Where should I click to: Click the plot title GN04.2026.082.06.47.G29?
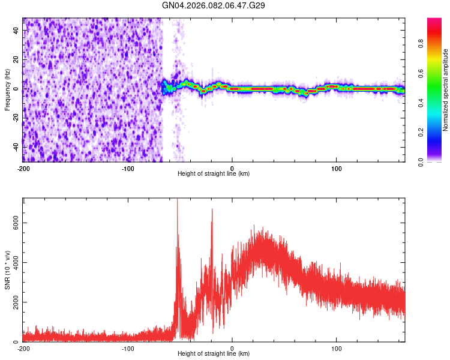coord(214,5)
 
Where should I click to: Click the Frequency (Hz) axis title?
coord(7,89)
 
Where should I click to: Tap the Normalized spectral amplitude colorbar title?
coord(446,91)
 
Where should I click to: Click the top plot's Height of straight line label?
coord(214,173)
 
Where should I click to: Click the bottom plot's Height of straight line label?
coord(214,353)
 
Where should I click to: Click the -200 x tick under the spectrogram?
coord(23,168)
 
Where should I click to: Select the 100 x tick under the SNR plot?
coord(337,348)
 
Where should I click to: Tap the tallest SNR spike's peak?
coord(177,200)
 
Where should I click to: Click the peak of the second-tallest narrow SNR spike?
coord(212,209)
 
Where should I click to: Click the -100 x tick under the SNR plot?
coord(128,348)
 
